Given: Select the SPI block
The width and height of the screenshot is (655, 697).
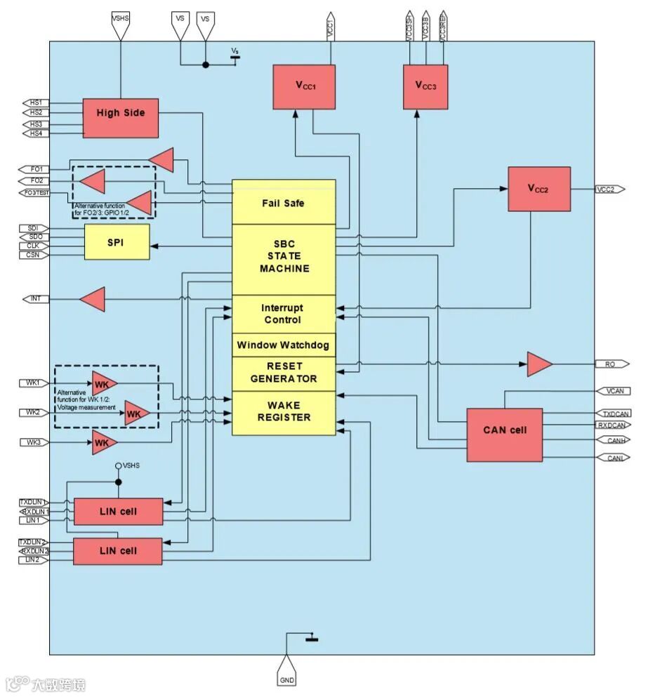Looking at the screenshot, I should (117, 242).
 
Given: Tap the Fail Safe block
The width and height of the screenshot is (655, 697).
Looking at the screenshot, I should (284, 203).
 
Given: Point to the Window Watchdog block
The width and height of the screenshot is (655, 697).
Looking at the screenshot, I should (284, 345).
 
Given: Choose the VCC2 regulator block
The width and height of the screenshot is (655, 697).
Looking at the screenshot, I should (539, 189).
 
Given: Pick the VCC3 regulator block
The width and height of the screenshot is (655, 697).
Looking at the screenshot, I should (425, 86).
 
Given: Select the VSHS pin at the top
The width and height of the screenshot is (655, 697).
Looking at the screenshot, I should (121, 18).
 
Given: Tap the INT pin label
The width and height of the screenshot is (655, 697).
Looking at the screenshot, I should (36, 299).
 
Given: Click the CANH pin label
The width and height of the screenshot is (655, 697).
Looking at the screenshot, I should (611, 440).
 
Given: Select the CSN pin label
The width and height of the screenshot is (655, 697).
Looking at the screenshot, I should (34, 255).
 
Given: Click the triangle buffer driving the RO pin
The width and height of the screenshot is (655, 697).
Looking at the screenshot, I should (538, 364).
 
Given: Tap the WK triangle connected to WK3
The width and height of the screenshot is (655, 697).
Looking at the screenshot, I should (103, 443).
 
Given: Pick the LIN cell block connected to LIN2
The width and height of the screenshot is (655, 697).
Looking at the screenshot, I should (118, 551).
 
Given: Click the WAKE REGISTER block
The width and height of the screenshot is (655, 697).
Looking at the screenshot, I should (284, 411).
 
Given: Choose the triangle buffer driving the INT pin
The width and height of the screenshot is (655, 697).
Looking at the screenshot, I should (93, 300).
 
